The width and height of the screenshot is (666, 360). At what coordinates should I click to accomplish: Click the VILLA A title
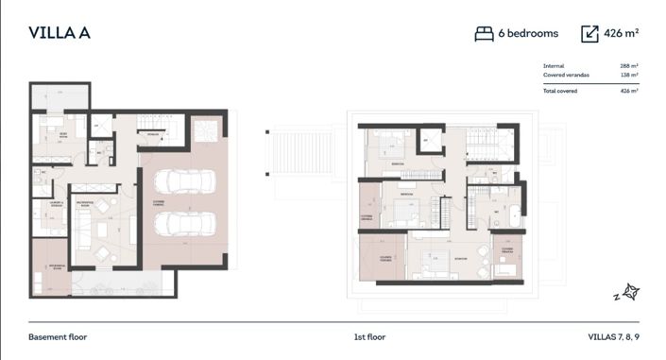59,33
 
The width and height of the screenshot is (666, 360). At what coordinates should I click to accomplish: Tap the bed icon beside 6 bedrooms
484,33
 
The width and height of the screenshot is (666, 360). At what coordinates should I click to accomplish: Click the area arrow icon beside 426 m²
590,33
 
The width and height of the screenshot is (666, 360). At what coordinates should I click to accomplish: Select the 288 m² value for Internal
629,65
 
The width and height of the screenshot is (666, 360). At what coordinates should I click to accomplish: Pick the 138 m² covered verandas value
629,75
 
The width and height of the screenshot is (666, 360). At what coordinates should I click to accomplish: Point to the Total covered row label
561,91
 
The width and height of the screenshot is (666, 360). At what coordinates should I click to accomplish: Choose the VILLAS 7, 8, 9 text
612,336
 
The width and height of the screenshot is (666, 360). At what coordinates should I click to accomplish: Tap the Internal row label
554,65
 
